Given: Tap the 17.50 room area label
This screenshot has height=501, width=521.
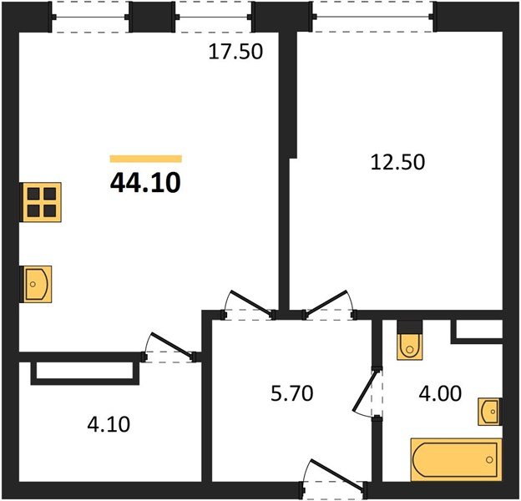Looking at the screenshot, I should pyautogui.click(x=235, y=53).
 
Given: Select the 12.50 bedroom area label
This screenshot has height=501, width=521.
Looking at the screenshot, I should pyautogui.click(x=397, y=161).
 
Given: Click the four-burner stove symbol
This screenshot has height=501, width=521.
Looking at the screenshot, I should pyautogui.click(x=40, y=200).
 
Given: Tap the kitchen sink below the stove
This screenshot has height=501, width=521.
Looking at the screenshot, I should pyautogui.click(x=37, y=284).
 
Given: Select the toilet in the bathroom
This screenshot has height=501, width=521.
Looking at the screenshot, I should pyautogui.click(x=410, y=340).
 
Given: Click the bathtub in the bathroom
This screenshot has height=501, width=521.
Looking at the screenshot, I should pyautogui.click(x=456, y=459).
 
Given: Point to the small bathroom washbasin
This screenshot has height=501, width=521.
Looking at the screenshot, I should pyautogui.click(x=489, y=412).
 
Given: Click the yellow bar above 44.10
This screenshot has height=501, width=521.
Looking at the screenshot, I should pyautogui.click(x=146, y=158).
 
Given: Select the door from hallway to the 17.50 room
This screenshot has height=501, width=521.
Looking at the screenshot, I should pyautogui.click(x=250, y=304).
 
